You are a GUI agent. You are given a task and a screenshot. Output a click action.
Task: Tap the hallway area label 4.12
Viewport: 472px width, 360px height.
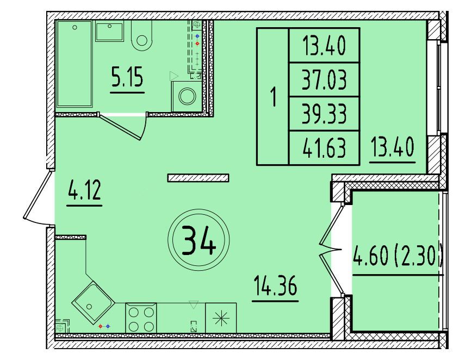coord(85,190)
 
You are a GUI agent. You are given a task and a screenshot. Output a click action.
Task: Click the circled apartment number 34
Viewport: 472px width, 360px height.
coord(198,240)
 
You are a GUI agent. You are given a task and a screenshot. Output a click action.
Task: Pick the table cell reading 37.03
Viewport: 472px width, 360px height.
coord(324,80)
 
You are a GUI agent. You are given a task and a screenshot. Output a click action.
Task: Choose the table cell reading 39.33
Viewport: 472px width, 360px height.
coord(324,114)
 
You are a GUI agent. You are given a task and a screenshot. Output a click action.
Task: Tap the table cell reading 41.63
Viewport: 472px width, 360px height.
coord(324,148)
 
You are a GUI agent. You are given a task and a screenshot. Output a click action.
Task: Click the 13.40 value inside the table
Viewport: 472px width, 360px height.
coord(324,46)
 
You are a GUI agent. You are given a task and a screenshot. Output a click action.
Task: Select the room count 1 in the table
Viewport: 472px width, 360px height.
coord(273,97)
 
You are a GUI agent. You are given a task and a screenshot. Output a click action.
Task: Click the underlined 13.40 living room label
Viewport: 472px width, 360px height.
coord(392,147)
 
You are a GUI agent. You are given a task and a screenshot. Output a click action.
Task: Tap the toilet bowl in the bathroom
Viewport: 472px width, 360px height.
coord(142,36)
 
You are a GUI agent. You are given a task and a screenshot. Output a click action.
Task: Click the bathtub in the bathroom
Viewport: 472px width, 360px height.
coord(74,64)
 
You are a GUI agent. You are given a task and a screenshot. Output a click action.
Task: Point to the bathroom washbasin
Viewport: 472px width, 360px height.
coord(109,30)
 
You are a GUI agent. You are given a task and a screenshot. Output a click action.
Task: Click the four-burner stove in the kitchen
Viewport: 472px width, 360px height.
coord(141,318)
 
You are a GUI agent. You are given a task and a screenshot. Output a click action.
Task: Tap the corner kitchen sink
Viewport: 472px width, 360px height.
coord(94,303)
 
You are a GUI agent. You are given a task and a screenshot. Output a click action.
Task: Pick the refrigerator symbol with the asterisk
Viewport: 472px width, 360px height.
coord(221,318)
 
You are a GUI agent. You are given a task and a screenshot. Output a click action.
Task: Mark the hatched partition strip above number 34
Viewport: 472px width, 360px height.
coord(198,178)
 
